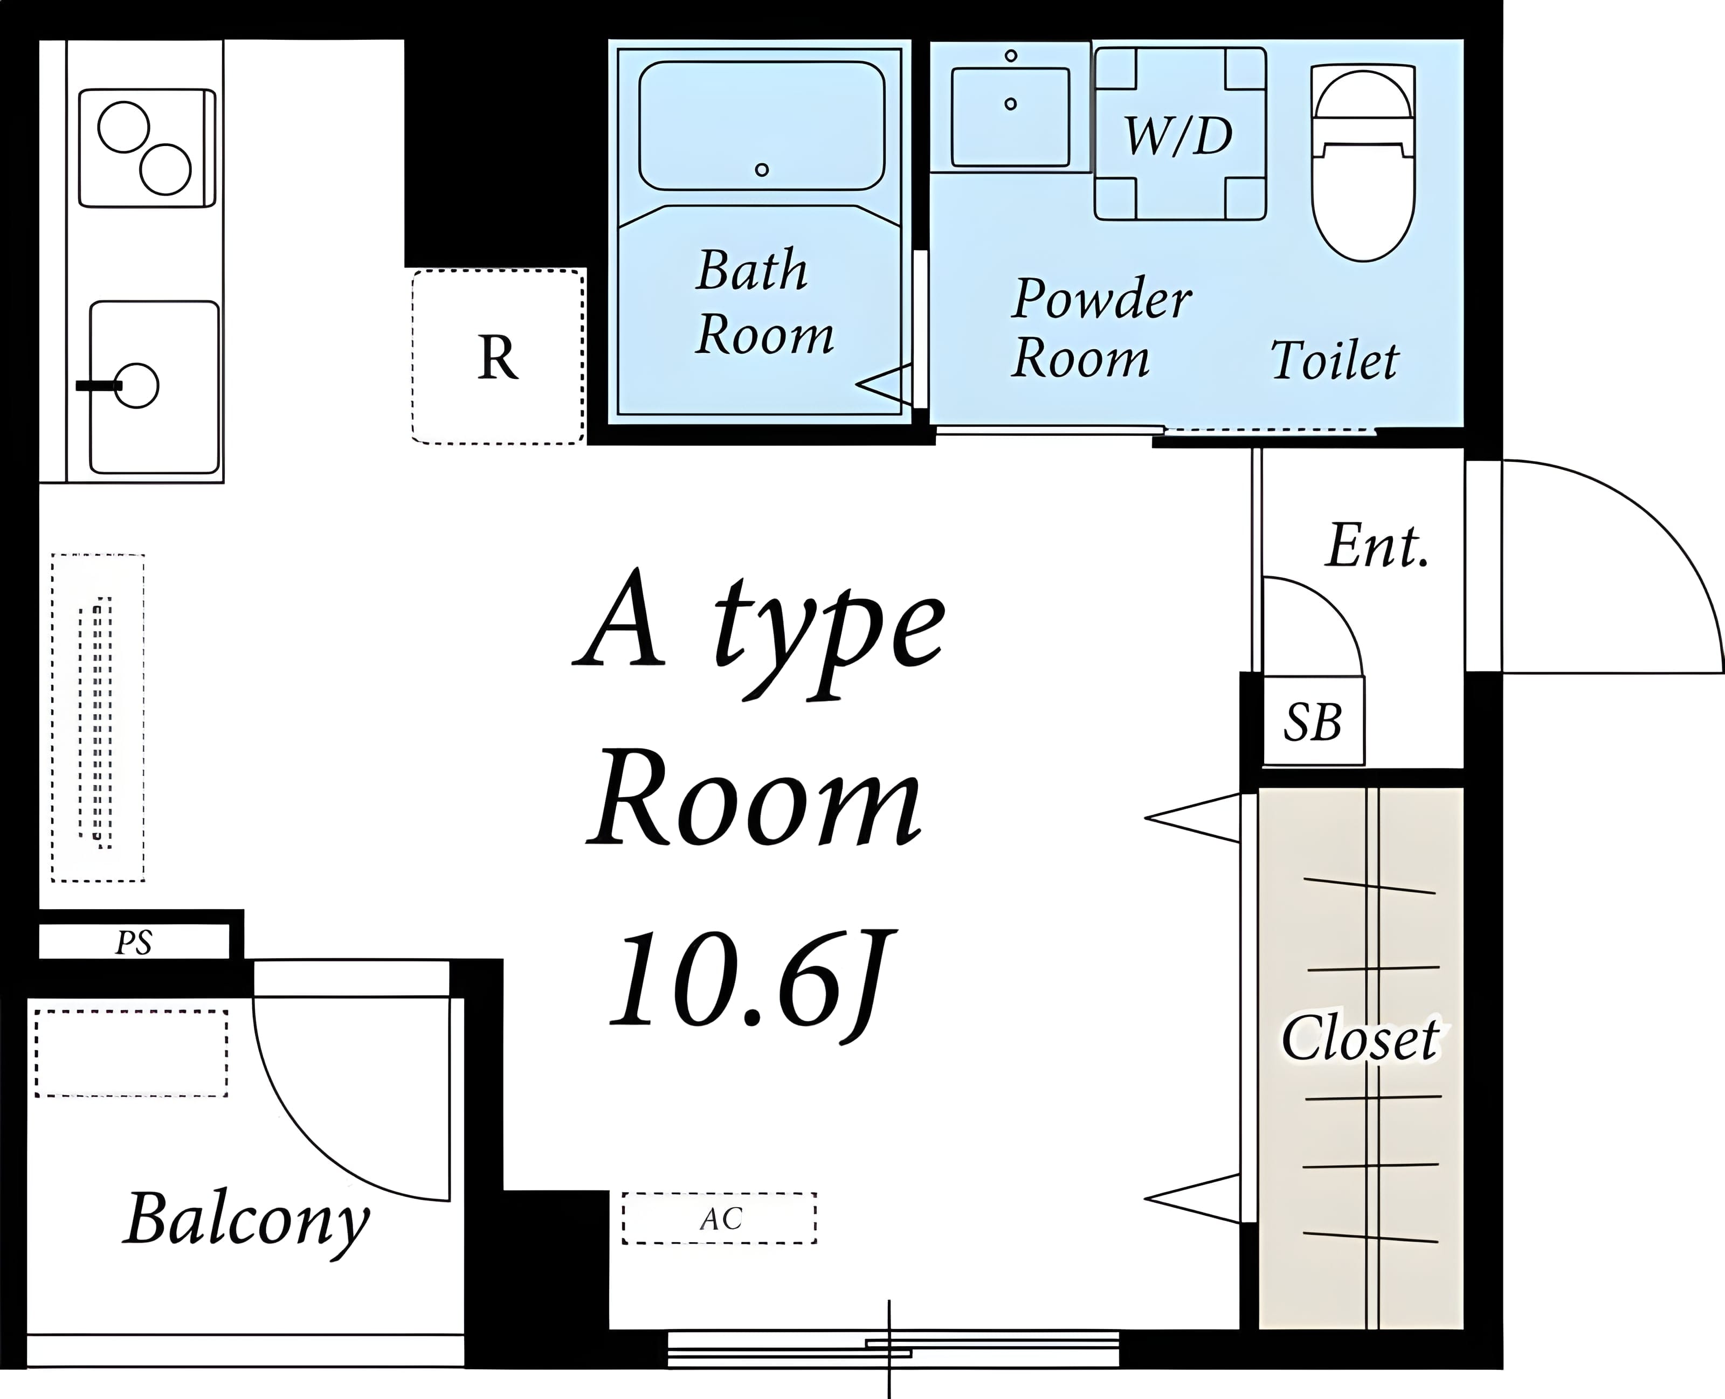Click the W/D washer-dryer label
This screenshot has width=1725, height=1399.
1178,135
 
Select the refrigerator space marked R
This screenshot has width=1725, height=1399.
498,356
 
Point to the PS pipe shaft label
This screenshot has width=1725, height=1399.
134,942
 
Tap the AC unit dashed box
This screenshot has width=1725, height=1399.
719,1218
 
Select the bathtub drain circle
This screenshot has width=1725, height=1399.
762,169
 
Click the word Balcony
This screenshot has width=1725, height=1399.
247,1221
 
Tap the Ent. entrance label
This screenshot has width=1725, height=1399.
1378,545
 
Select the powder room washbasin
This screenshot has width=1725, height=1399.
1010,117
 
